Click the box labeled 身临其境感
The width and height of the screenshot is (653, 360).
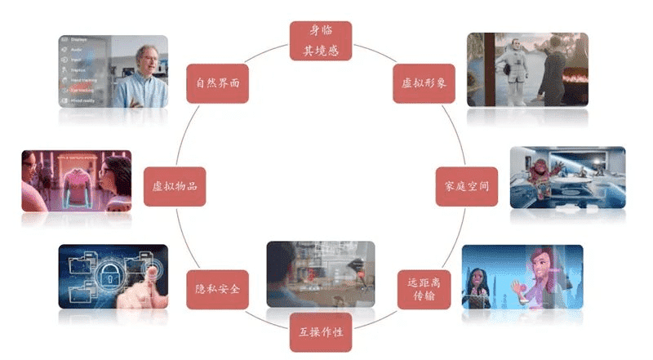tap(320, 41)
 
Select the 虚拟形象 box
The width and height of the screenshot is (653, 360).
tap(424, 83)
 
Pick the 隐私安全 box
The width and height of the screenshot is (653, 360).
tap(217, 289)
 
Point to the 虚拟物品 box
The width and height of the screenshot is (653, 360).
tap(174, 186)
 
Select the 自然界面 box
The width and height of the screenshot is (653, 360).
tap(217, 83)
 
